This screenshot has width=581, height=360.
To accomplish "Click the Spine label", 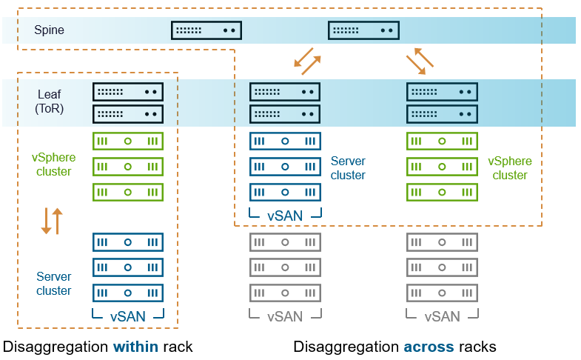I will point(49,30).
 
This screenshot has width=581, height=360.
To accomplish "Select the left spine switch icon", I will point(206,30).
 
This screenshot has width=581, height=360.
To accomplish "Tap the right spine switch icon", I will point(364,30).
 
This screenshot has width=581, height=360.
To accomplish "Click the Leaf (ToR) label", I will point(50,101).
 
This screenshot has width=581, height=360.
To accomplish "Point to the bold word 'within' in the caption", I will point(135,347).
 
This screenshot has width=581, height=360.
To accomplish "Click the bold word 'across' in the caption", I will point(425,347).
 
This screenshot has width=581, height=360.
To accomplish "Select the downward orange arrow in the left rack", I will point(46,221).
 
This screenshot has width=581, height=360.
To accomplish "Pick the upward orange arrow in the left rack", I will point(58,221).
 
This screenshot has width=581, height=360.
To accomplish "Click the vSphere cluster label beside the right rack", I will point(509,168).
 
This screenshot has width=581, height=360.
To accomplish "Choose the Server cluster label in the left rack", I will point(54,284).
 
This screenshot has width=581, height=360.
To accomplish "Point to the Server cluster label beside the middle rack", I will point(348,168).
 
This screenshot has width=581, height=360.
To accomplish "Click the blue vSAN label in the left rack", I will point(127,316).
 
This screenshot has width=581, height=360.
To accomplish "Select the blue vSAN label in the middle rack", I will point(285,216).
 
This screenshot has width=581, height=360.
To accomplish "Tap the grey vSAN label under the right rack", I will point(442,316).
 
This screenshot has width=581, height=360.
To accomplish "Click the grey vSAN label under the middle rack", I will point(285,316).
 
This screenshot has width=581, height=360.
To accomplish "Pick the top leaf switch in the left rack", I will point(128,92).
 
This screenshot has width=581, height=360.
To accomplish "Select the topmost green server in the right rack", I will point(442,141).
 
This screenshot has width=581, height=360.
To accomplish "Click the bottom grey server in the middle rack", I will point(285,292).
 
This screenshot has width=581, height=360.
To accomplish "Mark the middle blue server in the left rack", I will point(128,267).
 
